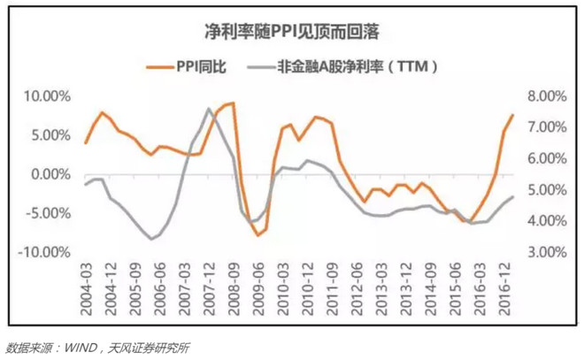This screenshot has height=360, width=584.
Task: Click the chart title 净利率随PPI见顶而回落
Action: click(x=291, y=33)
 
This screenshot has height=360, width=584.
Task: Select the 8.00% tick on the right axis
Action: click(x=547, y=96)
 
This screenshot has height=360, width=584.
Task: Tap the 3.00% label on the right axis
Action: click(x=547, y=251)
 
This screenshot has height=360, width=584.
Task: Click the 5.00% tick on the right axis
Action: click(x=547, y=189)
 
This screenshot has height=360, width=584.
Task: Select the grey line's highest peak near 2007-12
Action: click(x=209, y=109)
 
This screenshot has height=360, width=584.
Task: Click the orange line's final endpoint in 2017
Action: click(x=512, y=115)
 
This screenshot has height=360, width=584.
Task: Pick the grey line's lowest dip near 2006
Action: click(x=152, y=239)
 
